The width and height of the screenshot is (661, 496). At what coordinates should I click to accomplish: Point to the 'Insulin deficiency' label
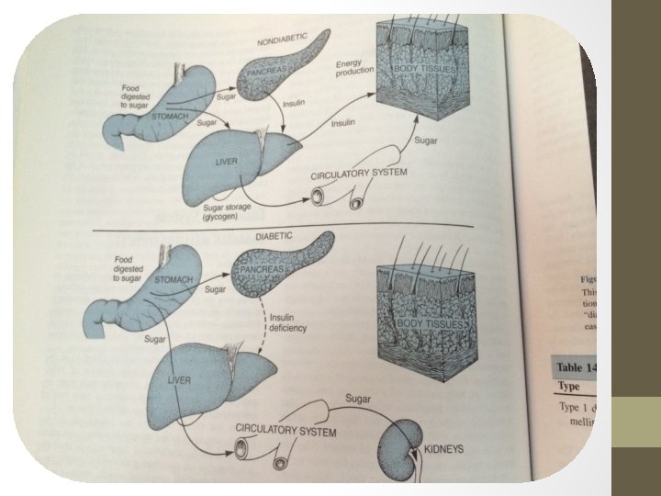tap(286, 322)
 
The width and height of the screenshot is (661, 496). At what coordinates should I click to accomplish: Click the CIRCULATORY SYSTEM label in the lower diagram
tap(286, 430)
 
